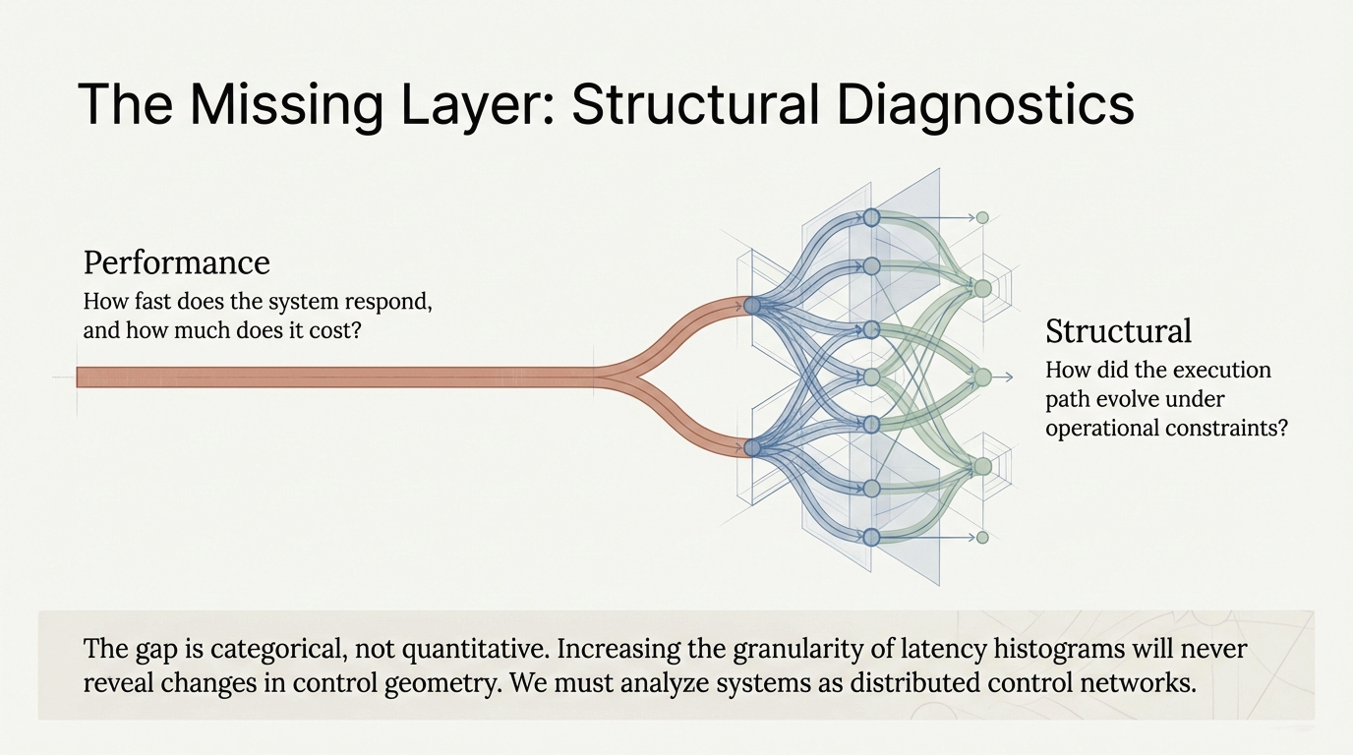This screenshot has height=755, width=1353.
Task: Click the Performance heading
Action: (x=176, y=262)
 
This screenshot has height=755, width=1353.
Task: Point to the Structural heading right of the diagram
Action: (x=1118, y=331)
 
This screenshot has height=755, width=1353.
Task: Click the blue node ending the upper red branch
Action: (x=752, y=306)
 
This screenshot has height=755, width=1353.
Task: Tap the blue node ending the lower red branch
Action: (x=752, y=448)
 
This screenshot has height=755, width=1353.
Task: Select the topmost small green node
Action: (x=981, y=217)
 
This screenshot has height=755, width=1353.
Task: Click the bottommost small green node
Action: (x=981, y=537)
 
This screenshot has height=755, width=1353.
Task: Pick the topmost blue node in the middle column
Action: (x=871, y=216)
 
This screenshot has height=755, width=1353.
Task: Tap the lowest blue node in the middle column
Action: (x=871, y=537)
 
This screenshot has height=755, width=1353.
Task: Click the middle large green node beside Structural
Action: (x=981, y=377)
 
